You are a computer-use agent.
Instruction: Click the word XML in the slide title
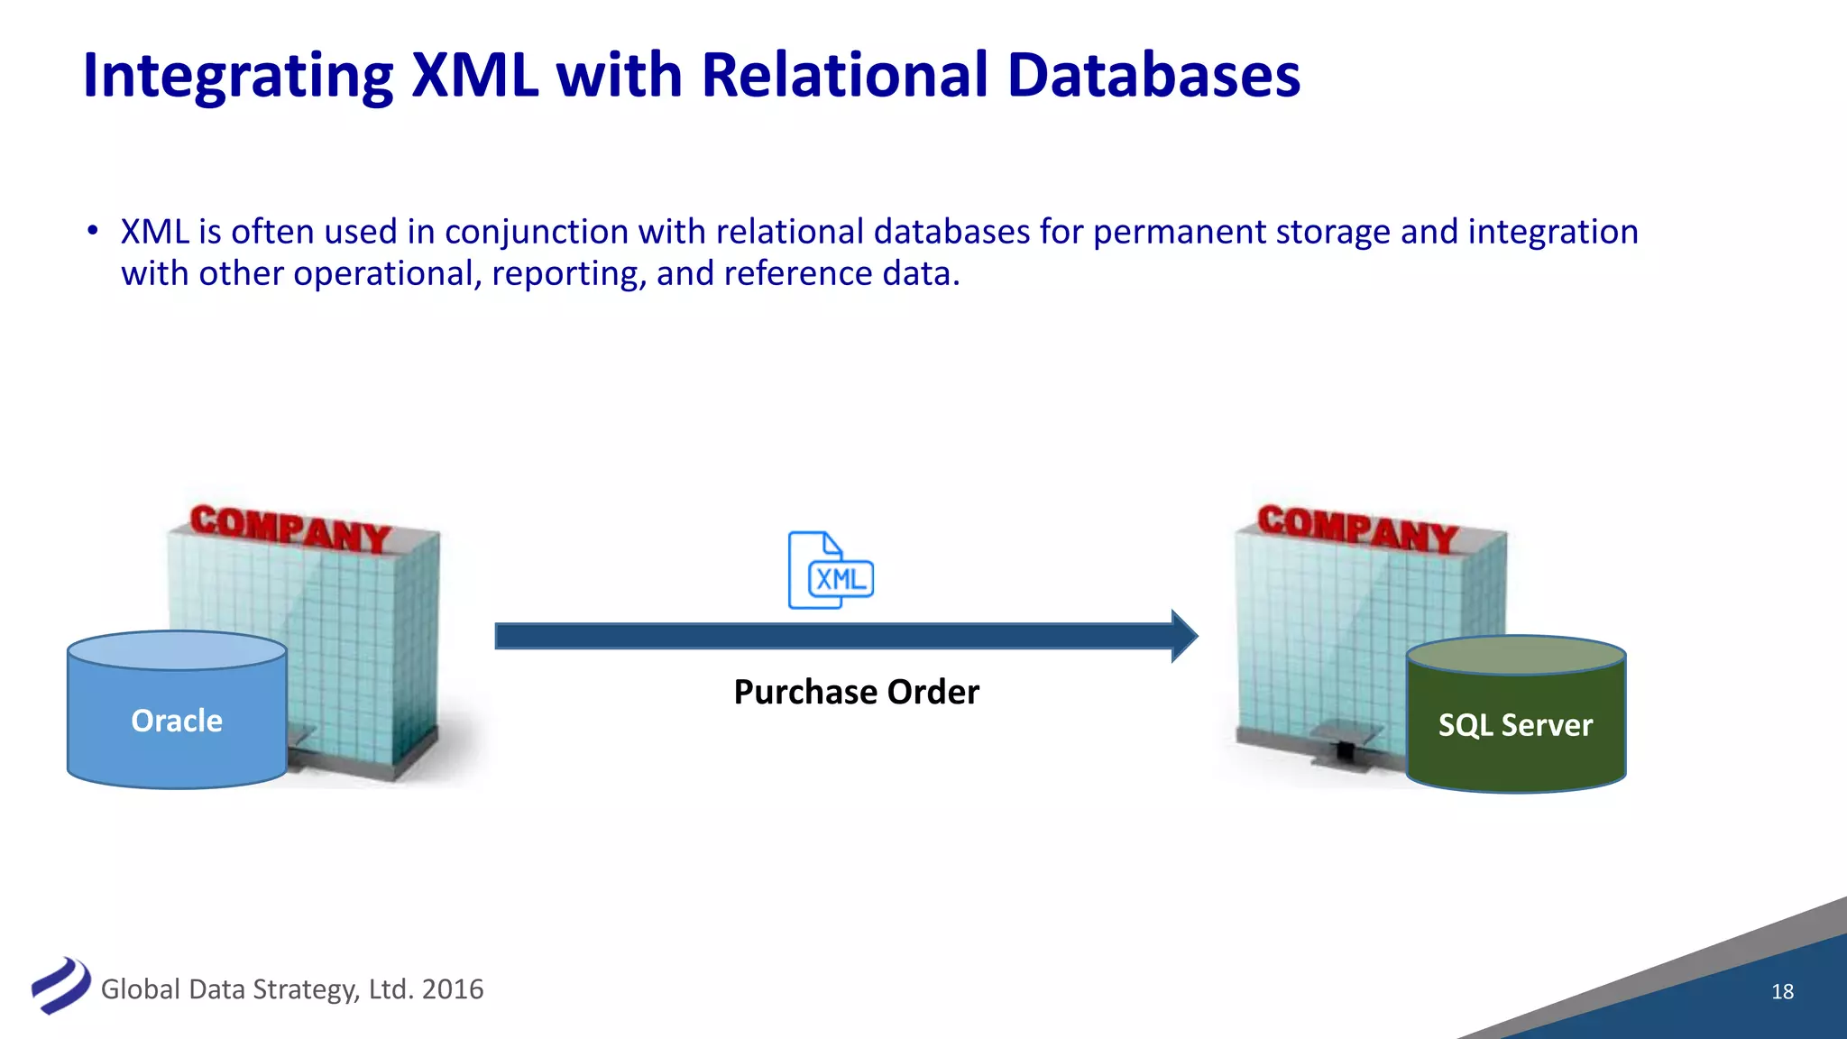click(x=474, y=75)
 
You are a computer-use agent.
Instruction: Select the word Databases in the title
click(x=1153, y=75)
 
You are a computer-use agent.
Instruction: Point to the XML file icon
click(x=831, y=571)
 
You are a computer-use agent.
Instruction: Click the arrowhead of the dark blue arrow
click(x=1183, y=636)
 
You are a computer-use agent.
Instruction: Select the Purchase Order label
click(x=856, y=692)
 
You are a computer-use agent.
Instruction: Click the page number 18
click(x=1782, y=991)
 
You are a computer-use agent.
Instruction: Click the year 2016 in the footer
click(x=453, y=989)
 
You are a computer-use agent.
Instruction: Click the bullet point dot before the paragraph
click(x=92, y=231)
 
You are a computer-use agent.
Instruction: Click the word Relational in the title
click(x=844, y=75)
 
